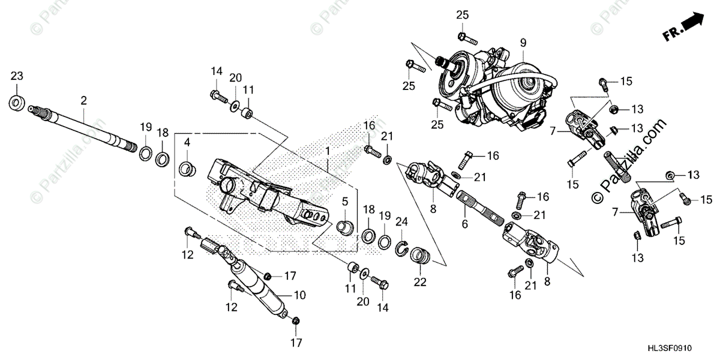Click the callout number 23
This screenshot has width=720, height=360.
(17, 76)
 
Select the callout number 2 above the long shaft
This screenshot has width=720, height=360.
(84, 100)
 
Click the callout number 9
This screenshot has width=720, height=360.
(523, 43)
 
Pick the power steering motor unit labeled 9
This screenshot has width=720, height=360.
(510, 90)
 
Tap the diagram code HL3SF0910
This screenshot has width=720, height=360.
(684, 348)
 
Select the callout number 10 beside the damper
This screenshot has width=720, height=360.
(300, 295)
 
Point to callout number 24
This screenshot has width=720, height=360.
(401, 221)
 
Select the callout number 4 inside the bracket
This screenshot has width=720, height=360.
(187, 143)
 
